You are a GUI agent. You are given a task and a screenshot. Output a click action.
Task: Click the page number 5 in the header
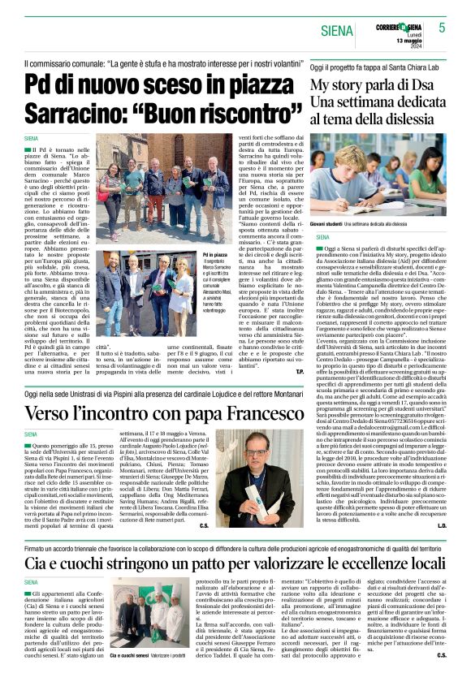coord(442,28)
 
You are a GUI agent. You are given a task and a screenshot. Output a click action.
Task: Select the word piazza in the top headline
coord(240,85)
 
